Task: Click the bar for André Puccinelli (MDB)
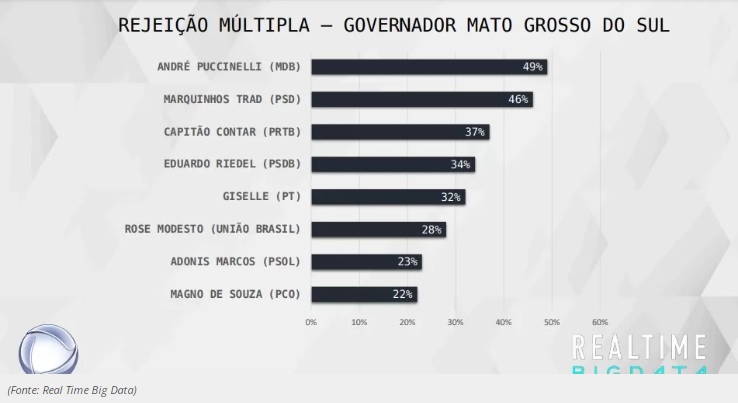point(428,67)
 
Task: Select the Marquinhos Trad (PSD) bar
point(420,99)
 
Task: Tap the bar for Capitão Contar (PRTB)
point(399,132)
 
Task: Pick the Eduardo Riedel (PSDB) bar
point(392,164)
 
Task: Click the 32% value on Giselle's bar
point(451,197)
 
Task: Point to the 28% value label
point(431,230)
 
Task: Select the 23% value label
point(407,262)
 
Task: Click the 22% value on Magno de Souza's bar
point(403,294)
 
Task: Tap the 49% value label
point(532,67)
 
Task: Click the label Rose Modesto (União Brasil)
point(213,229)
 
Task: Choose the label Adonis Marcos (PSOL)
point(236,262)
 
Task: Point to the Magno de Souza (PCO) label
point(230,294)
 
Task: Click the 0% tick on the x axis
point(311,322)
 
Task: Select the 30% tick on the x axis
point(455,322)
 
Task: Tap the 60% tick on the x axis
point(600,322)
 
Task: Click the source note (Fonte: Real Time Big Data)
point(72,390)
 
